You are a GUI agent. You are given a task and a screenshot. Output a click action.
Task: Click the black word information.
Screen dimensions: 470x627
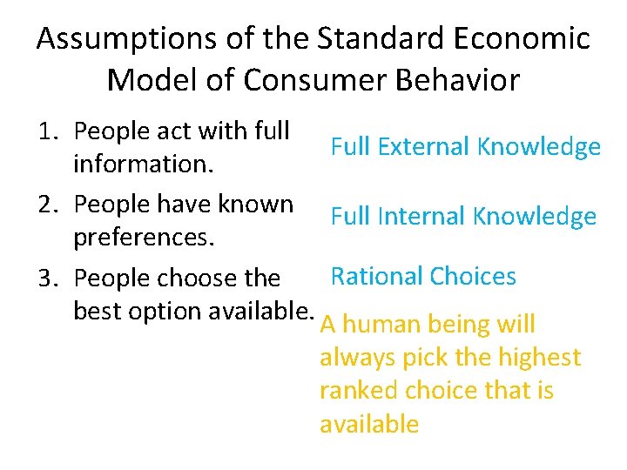[140, 164]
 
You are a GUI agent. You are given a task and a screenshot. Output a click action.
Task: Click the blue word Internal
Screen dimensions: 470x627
[419, 216]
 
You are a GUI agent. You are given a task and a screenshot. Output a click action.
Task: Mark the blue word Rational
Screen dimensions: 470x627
[376, 277]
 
